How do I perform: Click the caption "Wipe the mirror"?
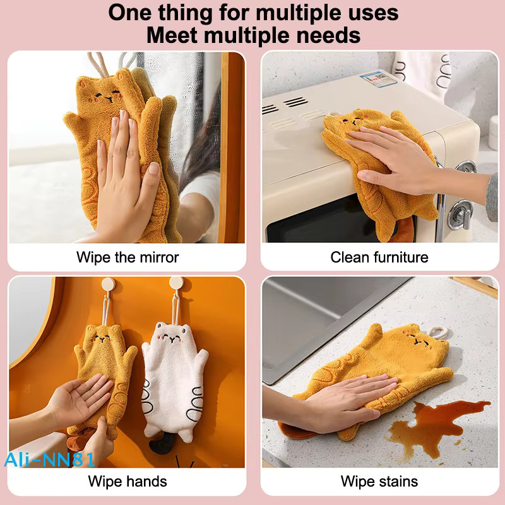[x=128, y=258]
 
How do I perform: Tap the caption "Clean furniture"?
[x=379, y=258]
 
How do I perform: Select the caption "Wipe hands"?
[x=128, y=482]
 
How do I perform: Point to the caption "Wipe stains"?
[x=379, y=482]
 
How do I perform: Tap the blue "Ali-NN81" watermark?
[x=50, y=460]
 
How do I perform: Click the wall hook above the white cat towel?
[x=177, y=284]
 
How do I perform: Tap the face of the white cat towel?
[x=170, y=338]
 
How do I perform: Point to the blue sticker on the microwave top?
[x=378, y=80]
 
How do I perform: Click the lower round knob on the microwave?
[x=461, y=214]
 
